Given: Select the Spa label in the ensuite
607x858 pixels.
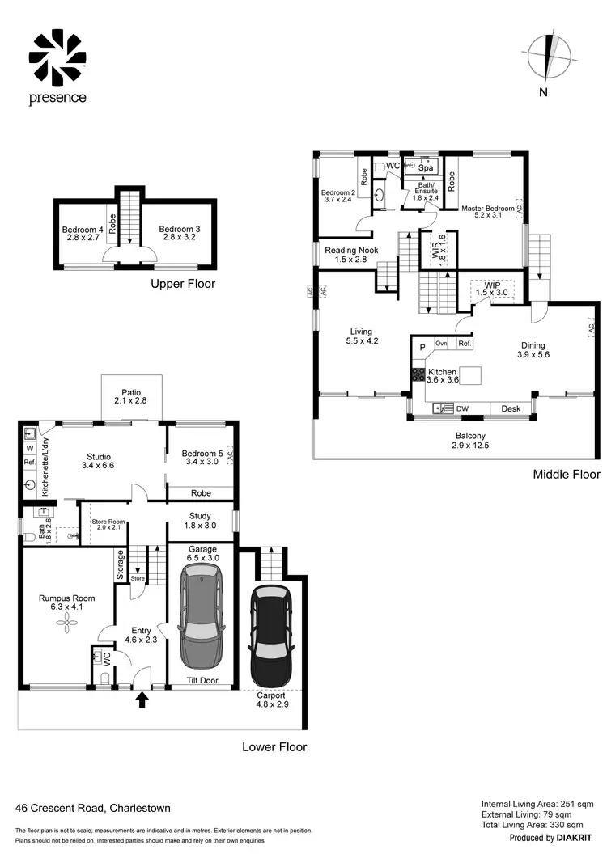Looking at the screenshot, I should coord(426,168).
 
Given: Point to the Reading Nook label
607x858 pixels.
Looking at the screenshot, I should coord(346,255).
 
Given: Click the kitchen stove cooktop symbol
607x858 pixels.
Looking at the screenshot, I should coord(418,374).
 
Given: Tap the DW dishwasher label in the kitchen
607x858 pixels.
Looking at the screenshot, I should coord(462,409).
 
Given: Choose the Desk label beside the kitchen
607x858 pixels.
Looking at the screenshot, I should coord(510,409).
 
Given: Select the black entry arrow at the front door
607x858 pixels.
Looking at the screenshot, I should coord(142,698).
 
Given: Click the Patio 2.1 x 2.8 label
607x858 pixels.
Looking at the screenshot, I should coord(131,395).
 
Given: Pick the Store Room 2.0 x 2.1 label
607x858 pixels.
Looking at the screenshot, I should coord(106,525).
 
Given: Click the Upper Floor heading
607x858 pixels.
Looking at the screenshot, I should coord(183,284).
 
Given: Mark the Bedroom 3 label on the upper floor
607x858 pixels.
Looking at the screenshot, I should coord(179,234).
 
